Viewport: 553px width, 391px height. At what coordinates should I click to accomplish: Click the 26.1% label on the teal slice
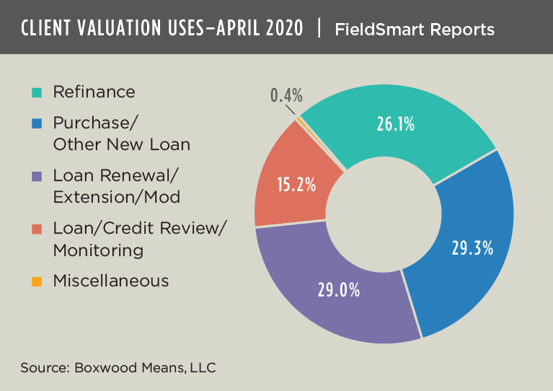click(395, 124)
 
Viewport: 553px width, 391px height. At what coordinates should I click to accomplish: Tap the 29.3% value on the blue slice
click(472, 248)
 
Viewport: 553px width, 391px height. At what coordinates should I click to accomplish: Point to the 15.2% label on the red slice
click(296, 184)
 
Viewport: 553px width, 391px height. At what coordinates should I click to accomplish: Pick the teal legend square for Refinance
click(37, 92)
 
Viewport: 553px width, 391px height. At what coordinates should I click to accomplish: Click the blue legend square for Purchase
click(37, 123)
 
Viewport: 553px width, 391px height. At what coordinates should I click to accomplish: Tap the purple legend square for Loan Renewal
click(37, 176)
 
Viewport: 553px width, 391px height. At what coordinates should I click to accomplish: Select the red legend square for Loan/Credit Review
click(37, 229)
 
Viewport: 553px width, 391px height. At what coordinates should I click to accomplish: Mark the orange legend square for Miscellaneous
click(37, 281)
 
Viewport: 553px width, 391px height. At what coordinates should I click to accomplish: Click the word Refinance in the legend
click(94, 92)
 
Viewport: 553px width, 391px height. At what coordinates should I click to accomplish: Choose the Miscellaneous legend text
click(111, 281)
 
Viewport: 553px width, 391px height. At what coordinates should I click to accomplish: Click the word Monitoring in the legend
click(98, 250)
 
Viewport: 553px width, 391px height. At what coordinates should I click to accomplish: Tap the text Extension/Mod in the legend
click(116, 197)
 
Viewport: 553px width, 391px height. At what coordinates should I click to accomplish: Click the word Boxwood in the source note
click(102, 367)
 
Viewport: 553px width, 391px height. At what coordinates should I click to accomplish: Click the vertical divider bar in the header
click(318, 29)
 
